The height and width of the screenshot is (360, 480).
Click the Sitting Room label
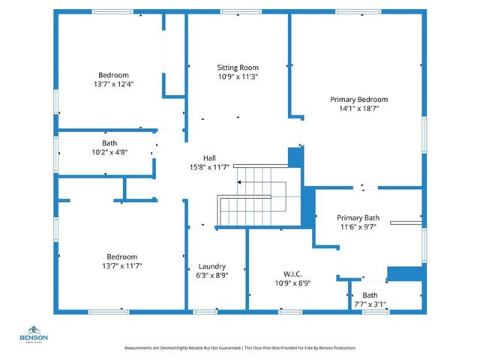(x=238, y=67)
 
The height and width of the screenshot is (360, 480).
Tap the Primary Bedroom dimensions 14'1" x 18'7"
(x=359, y=108)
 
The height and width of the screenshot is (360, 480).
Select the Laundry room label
(x=212, y=267)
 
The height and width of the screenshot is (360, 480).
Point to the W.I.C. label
(x=292, y=274)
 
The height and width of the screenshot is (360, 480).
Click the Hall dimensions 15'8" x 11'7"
(x=210, y=167)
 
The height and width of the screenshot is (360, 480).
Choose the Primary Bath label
(x=358, y=218)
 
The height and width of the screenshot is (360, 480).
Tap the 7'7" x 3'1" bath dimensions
(x=370, y=304)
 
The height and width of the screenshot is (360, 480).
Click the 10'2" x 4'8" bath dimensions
(x=109, y=152)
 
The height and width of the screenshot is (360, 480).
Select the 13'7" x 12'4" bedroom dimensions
(x=113, y=84)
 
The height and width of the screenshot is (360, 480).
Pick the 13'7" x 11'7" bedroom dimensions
(x=122, y=265)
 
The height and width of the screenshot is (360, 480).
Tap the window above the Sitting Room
(x=241, y=12)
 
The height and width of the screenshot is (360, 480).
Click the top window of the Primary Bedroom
(x=358, y=12)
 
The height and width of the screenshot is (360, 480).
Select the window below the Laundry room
(x=205, y=312)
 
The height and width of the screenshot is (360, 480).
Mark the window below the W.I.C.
(x=290, y=312)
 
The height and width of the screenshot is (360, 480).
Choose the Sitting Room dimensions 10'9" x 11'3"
(x=238, y=76)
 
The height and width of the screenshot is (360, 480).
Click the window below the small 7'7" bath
(x=376, y=312)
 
